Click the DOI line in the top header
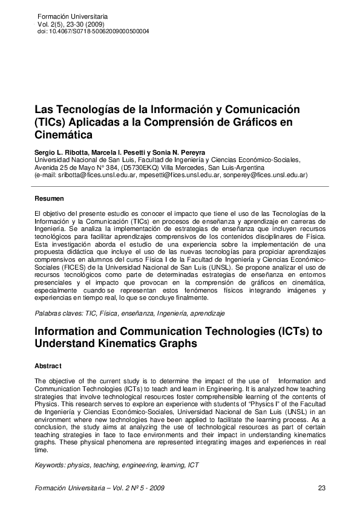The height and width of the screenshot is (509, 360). tap(93, 31)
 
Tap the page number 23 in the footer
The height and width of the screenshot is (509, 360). tap(321, 488)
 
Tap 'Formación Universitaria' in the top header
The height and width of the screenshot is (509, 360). tap(72, 15)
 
